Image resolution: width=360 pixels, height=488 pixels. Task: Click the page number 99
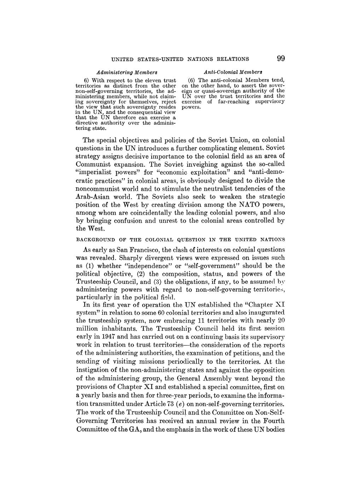point(281,58)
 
